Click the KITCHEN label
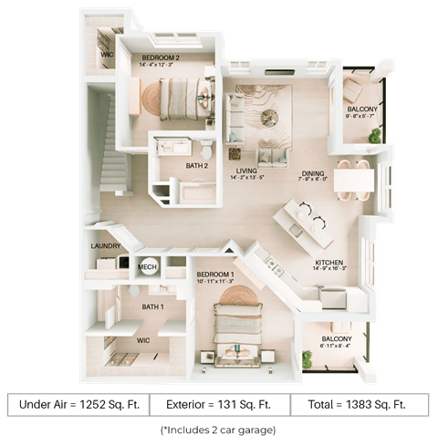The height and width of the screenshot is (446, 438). click(328, 262)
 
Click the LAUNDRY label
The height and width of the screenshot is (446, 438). click(106, 246)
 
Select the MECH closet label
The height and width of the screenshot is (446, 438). click(147, 267)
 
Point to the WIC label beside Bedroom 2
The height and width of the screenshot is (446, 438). click(106, 56)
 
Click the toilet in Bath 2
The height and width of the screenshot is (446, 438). click(207, 149)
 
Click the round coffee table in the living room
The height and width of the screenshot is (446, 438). click(268, 117)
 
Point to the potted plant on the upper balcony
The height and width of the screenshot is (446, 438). click(375, 135)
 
